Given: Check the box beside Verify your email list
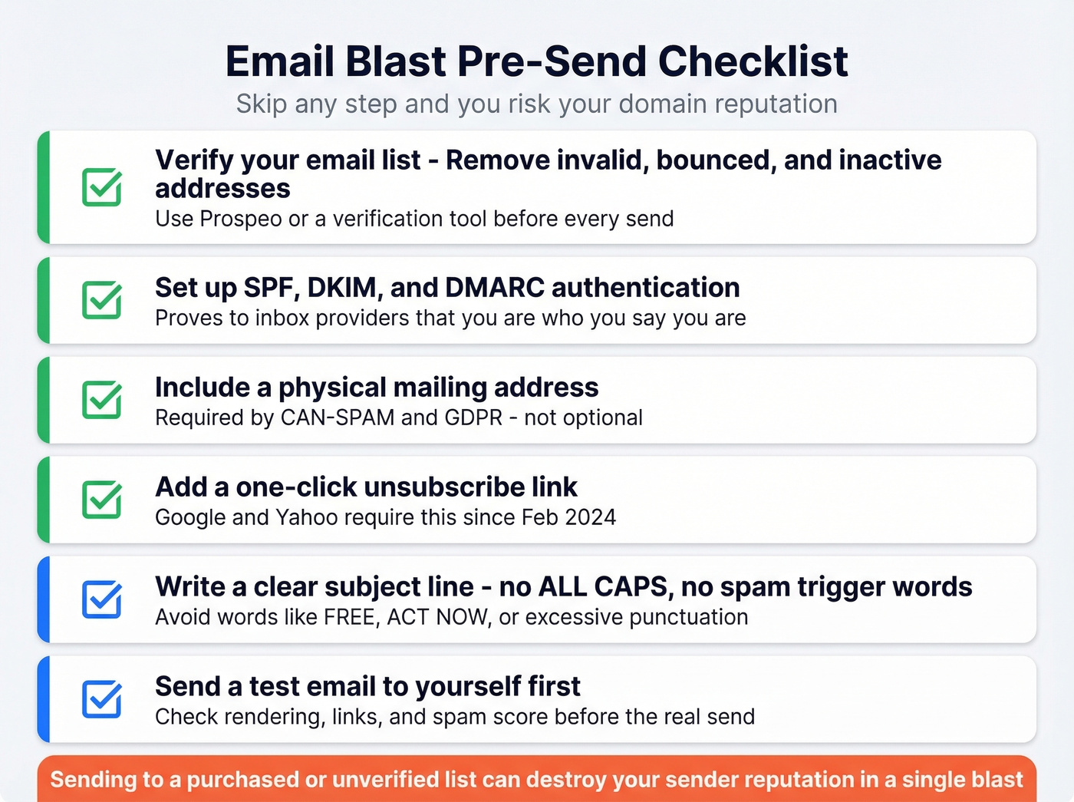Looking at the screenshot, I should click(102, 187).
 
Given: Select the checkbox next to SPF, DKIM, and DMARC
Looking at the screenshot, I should click(102, 300).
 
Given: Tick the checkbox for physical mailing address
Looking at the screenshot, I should click(102, 400).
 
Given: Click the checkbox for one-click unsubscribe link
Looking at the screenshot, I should click(102, 500).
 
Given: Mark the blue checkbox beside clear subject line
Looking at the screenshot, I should click(102, 599).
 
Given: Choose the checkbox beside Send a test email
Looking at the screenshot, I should click(102, 699).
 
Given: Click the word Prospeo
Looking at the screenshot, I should click(240, 219).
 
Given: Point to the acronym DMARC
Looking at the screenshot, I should click(494, 288).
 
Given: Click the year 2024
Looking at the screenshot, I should click(590, 517).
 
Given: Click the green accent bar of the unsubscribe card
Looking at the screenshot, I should click(44, 500).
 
